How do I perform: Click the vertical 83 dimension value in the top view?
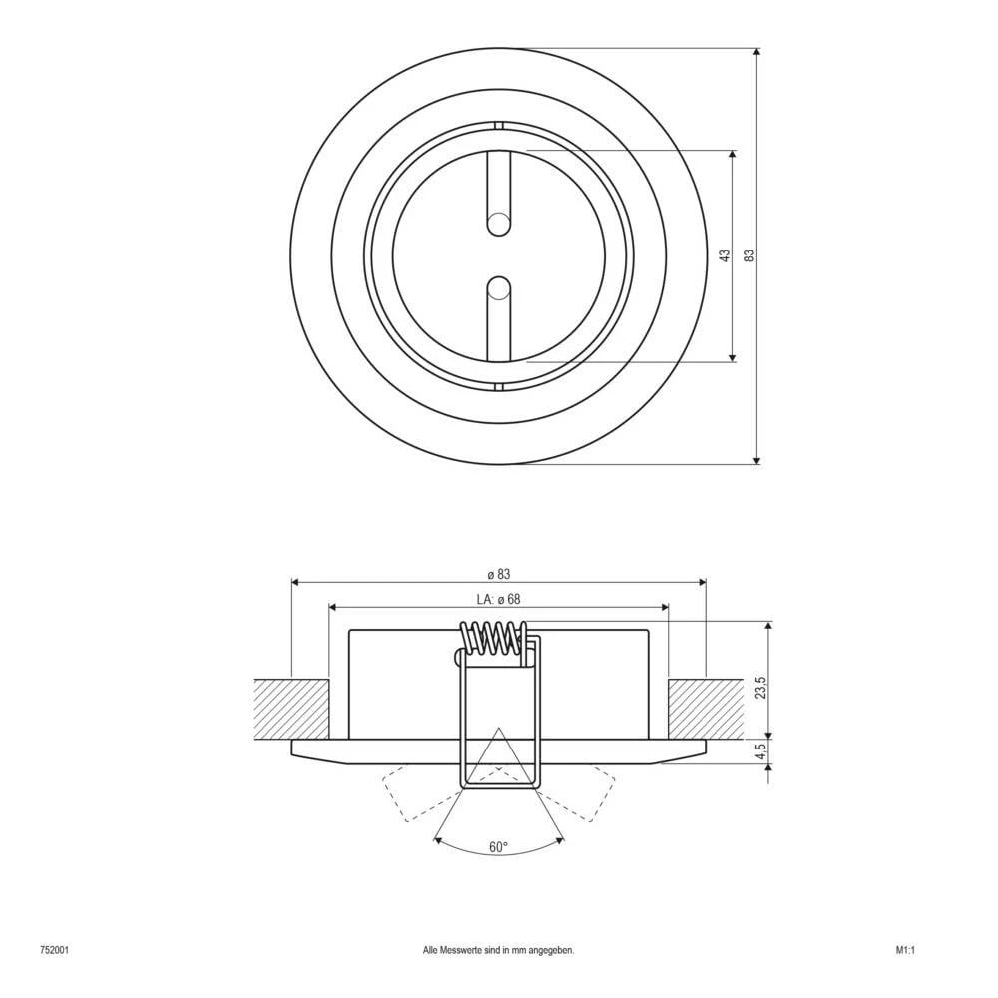point(748,255)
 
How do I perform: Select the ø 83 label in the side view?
point(499,574)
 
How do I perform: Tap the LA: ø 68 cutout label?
point(499,599)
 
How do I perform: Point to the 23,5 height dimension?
point(760,689)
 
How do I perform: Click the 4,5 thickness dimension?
point(760,750)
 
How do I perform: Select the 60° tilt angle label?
point(498,847)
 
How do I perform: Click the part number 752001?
point(54,951)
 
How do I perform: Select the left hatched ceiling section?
point(291,709)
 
